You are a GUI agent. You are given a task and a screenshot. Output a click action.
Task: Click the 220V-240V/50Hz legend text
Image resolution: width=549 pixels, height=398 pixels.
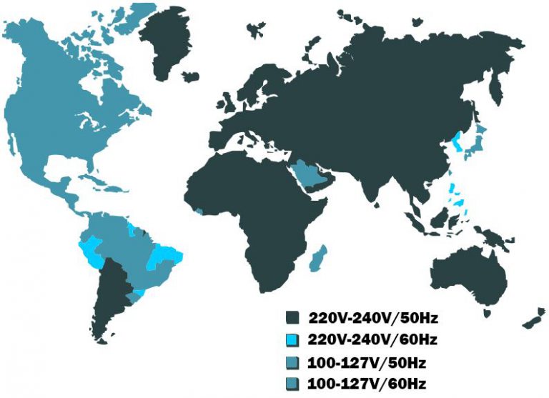pyautogui.click(x=377, y=316)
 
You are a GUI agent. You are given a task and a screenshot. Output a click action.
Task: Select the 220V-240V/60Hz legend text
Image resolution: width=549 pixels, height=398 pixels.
pyautogui.click(x=377, y=337)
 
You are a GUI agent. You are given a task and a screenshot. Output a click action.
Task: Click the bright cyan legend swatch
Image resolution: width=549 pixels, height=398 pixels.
pyautogui.click(x=292, y=338)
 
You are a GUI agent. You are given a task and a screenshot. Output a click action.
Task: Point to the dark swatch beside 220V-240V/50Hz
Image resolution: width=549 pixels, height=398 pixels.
pyautogui.click(x=292, y=317)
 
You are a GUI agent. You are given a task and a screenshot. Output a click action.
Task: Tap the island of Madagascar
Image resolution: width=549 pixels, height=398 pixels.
pyautogui.click(x=318, y=259)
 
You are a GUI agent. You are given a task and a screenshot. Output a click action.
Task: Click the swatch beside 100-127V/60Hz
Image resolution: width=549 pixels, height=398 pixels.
pyautogui.click(x=292, y=384)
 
